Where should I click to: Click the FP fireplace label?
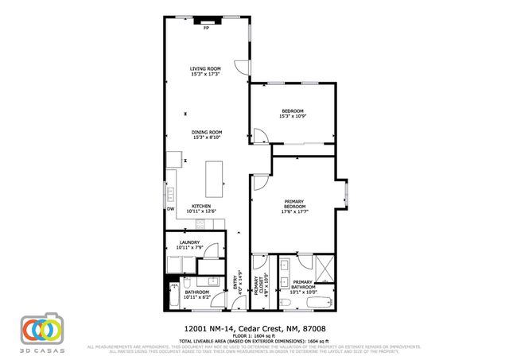click(x=206, y=29)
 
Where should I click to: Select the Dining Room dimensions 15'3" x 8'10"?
click(x=207, y=137)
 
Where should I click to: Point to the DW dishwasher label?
click(x=170, y=209)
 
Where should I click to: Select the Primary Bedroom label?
click(x=294, y=207)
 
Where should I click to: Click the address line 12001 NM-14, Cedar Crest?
click(x=254, y=326)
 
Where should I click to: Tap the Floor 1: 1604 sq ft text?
click(x=254, y=334)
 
